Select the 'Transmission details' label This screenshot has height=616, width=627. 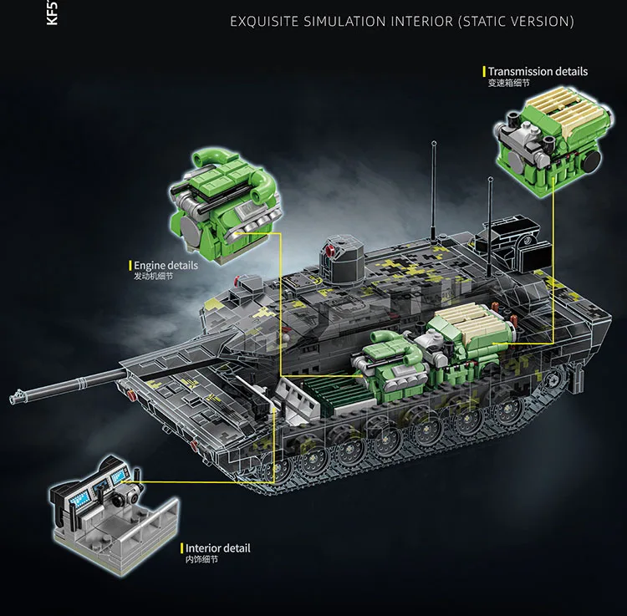(538, 72)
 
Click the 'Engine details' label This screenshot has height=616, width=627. (166, 265)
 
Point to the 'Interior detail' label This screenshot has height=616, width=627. (217, 548)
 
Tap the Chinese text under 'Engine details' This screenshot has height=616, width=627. (154, 277)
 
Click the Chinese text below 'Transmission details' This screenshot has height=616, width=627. (509, 84)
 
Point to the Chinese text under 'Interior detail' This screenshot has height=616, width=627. (201, 560)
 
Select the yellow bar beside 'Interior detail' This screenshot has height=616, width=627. (181, 548)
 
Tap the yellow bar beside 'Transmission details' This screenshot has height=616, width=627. (484, 72)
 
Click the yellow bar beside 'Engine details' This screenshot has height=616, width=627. (130, 265)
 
